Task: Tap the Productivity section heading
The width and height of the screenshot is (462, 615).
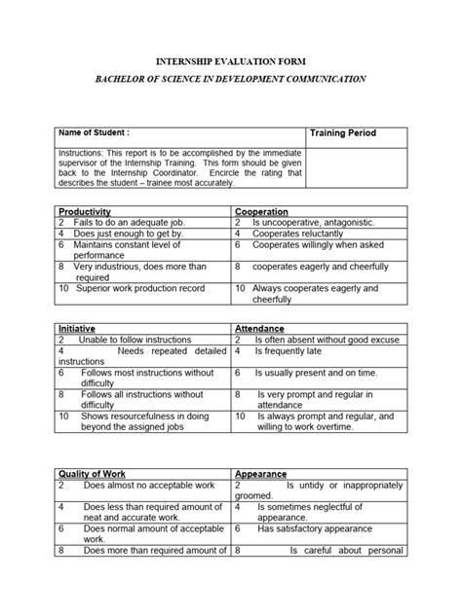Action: point(85,210)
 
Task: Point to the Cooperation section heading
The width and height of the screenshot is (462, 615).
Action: point(262,210)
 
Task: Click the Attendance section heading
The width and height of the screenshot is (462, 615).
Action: point(262,329)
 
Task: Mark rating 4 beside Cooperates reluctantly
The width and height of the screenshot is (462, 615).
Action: point(238,234)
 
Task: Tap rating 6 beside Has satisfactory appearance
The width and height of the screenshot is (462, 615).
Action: point(238,529)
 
